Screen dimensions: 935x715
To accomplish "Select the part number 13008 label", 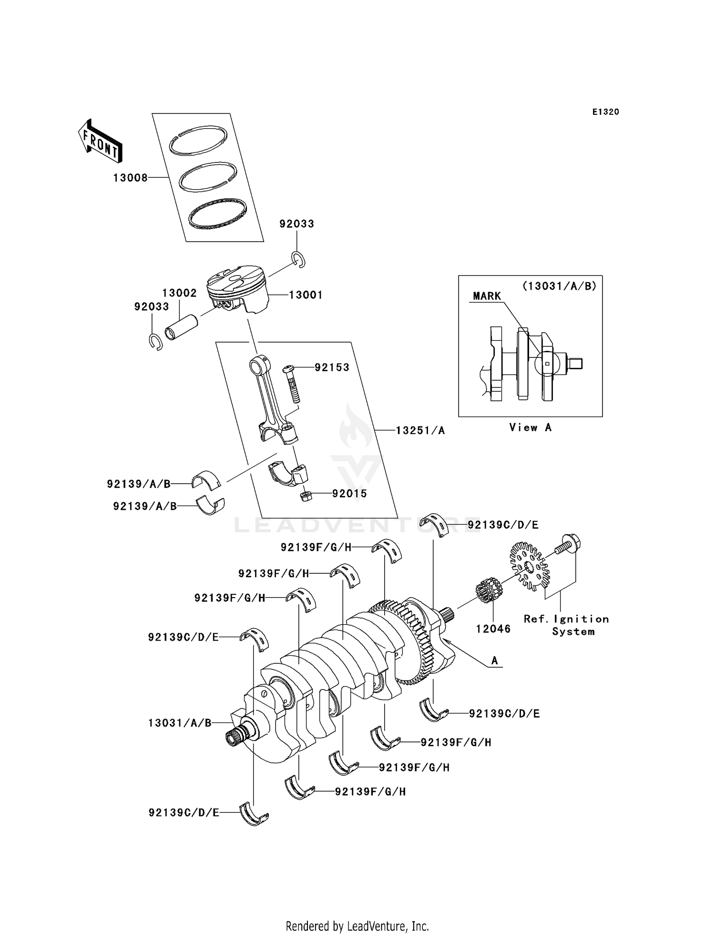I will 130,178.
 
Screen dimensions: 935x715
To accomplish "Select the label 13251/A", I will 420,430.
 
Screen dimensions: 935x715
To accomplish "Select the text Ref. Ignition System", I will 566,625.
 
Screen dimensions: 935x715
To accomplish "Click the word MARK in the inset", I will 487,296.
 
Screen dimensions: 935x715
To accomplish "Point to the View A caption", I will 530,427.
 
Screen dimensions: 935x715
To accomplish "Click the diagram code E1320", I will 605,112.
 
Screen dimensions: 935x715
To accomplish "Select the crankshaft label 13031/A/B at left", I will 180,723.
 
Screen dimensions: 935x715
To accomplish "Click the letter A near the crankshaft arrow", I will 494,661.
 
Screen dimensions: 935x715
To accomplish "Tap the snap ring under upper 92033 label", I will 299,259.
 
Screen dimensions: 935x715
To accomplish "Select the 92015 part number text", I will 349,494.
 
